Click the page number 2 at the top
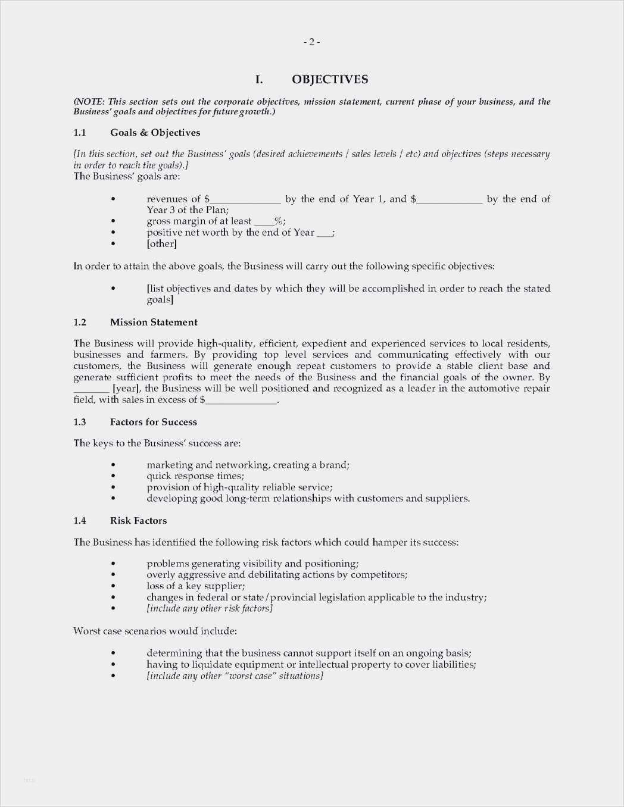[x=311, y=42]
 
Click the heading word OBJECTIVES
[x=330, y=79]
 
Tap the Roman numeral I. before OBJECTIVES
[x=259, y=79]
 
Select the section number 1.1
[x=80, y=132]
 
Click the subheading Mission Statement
[x=154, y=322]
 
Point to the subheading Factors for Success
[x=153, y=422]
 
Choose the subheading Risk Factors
[x=138, y=521]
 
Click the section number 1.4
[x=80, y=521]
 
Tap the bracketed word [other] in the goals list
[x=161, y=243]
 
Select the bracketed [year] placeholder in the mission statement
[x=126, y=389]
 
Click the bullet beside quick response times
[x=113, y=476]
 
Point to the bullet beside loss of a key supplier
[x=113, y=586]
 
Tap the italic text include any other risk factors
[x=210, y=608]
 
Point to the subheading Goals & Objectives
[x=155, y=132]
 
